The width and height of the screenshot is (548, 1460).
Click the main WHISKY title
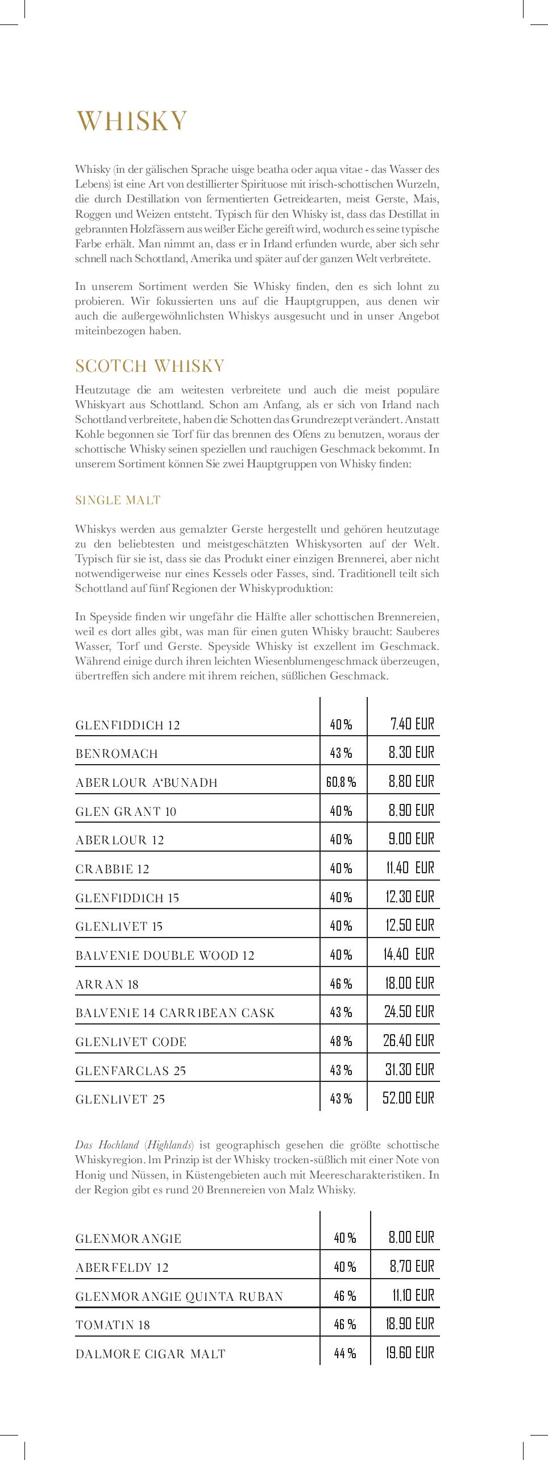coord(132,121)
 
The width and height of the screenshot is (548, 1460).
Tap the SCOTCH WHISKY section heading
coord(150,366)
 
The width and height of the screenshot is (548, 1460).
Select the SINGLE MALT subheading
coord(118,500)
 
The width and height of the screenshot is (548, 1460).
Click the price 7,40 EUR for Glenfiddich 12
coord(412,724)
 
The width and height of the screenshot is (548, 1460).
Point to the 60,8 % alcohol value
coord(341,782)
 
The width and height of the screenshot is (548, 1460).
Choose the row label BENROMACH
coord(117,754)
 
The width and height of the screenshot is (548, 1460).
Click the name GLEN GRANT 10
coord(126,811)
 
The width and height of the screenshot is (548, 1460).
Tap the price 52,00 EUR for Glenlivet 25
coord(408,1098)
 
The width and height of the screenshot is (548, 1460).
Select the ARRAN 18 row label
coord(107,984)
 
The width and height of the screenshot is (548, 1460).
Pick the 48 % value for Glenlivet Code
coord(341,1041)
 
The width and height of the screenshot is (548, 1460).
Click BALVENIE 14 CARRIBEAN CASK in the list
coord(175,1013)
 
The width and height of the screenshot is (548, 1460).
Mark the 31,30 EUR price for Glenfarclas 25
coord(409,1070)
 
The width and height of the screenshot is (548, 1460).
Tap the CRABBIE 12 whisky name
coord(112,869)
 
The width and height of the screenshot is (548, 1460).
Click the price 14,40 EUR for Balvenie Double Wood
coord(408,954)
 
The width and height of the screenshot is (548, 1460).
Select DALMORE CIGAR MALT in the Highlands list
coord(151,1354)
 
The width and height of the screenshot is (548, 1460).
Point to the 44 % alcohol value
coord(345,1354)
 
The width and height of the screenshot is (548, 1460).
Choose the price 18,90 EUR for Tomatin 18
coord(409,1324)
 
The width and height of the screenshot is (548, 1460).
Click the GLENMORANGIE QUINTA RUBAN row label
coord(179,1296)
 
